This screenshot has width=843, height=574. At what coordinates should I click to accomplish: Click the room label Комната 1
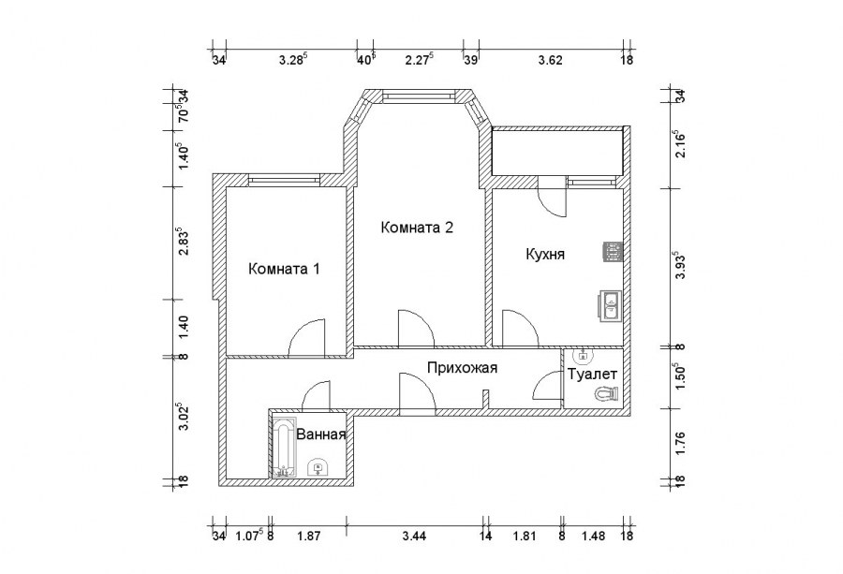click(x=285, y=270)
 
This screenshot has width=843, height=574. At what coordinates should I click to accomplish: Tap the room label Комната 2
click(x=417, y=228)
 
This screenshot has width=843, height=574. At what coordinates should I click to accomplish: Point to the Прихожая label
click(x=461, y=368)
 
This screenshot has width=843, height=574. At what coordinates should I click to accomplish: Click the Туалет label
click(x=593, y=374)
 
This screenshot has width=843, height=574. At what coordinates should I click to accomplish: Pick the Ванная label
click(x=321, y=434)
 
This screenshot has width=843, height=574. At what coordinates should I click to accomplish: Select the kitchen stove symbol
click(x=612, y=251)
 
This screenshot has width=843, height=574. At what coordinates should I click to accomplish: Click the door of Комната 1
click(x=307, y=339)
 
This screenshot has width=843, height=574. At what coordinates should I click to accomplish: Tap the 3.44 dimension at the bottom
click(x=412, y=536)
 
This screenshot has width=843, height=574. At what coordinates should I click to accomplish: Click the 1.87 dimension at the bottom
click(x=307, y=536)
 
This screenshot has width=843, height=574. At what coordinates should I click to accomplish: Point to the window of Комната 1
click(x=285, y=178)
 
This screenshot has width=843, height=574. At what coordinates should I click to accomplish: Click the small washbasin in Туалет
click(x=582, y=355)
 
